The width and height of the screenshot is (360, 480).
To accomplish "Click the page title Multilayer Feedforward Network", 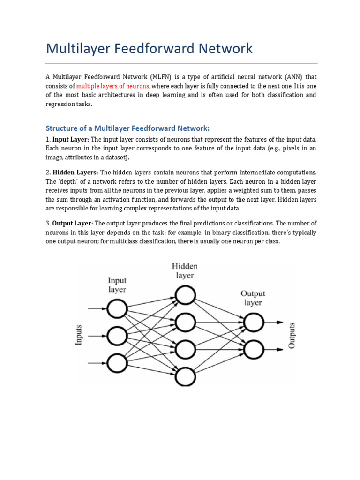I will (x=149, y=48).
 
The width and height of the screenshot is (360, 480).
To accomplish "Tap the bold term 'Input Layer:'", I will (x=71, y=140).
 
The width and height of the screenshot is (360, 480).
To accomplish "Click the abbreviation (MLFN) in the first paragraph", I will (x=163, y=76).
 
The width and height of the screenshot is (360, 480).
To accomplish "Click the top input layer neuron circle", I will (x=117, y=309).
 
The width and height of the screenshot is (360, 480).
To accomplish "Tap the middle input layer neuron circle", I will (x=117, y=336).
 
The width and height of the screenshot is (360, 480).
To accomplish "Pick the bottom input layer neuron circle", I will (x=117, y=362).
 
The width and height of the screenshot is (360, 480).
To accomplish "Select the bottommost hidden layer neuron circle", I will (x=185, y=375).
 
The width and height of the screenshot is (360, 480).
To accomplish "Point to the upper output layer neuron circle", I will (x=254, y=322).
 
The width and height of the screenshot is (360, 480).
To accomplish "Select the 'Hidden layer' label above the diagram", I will (x=185, y=270).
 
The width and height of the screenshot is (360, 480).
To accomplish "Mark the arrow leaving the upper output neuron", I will (x=274, y=322).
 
